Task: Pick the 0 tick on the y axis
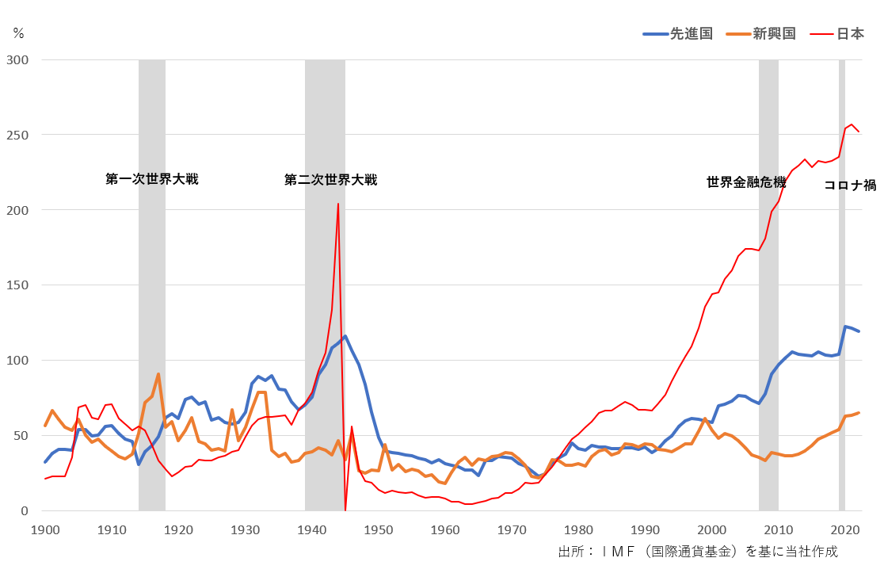click(24, 511)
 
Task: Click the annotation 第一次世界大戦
click(152, 179)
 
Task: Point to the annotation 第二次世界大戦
click(330, 180)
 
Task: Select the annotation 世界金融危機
click(746, 182)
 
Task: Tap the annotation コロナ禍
click(849, 185)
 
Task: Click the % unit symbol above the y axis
click(18, 33)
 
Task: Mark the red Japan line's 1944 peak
click(338, 204)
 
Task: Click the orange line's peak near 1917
click(158, 374)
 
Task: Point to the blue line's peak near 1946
click(345, 336)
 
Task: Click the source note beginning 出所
click(697, 552)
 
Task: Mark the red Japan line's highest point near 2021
click(852, 124)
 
